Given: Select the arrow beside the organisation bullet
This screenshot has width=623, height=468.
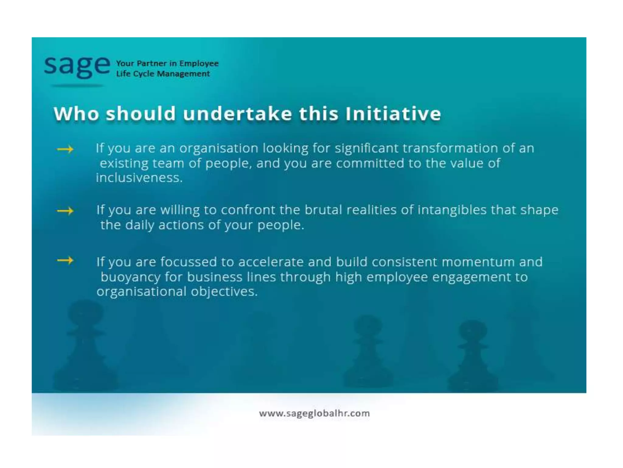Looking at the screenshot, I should (x=65, y=149).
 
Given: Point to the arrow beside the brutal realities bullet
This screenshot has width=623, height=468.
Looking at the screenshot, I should (x=65, y=211).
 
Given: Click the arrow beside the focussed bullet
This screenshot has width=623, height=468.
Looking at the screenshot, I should (x=65, y=261).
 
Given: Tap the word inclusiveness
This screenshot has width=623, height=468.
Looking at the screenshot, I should (x=139, y=178).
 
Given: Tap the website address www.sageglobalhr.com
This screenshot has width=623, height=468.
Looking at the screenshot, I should (x=314, y=413).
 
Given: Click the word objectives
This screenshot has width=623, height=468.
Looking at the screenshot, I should (x=224, y=292).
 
